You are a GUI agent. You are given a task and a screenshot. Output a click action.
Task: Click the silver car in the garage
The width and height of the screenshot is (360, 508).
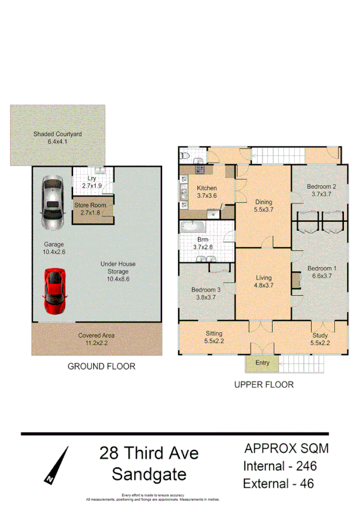53,202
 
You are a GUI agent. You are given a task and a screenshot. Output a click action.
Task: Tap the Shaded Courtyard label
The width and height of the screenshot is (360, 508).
58,138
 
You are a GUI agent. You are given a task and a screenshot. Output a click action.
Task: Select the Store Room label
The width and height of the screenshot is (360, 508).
90,209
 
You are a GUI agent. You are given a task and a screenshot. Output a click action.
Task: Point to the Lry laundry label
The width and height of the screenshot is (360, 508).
91,182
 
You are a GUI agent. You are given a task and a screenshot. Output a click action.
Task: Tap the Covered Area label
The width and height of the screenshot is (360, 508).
96,339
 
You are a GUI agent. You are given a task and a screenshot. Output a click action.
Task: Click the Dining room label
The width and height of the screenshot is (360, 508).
263,206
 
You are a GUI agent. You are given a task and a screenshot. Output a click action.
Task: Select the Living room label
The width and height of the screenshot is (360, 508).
263,281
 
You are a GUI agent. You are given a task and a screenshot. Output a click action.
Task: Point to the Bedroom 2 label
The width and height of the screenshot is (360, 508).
321,190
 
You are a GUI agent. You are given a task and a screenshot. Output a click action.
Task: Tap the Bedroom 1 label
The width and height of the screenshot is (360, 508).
321,272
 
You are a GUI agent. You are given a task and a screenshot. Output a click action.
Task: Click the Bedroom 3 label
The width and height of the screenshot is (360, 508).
206,294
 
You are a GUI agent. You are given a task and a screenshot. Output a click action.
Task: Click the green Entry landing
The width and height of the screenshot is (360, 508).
262,363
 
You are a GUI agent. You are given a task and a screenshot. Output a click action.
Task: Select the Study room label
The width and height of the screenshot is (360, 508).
320,339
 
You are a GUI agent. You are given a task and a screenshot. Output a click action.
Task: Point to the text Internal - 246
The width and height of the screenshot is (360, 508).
279,466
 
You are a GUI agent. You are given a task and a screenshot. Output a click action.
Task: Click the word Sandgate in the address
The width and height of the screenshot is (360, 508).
149,474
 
